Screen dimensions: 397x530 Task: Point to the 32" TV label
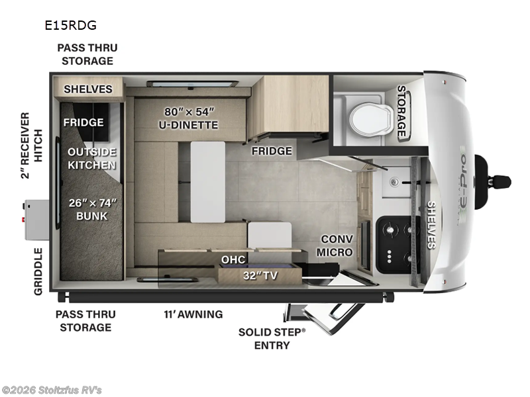click(x=259, y=276)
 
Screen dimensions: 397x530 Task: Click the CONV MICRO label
click(x=335, y=245)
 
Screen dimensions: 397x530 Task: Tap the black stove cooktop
click(x=397, y=244)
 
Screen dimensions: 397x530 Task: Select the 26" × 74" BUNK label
click(x=92, y=208)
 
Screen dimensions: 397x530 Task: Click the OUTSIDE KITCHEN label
click(x=92, y=158)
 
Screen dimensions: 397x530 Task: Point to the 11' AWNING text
click(x=193, y=314)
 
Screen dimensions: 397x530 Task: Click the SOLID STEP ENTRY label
click(x=272, y=338)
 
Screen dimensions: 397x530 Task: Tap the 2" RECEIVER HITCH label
click(x=25, y=146)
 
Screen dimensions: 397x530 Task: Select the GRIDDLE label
click(x=38, y=271)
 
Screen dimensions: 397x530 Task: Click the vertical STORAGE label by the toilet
click(x=401, y=111)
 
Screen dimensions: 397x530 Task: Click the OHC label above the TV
click(x=233, y=259)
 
